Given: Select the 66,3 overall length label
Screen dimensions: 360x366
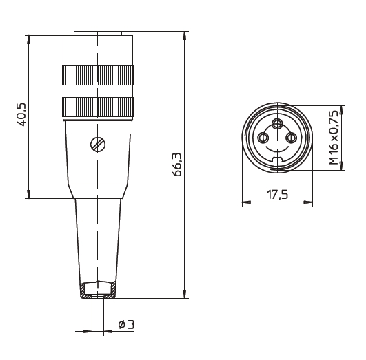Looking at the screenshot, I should pyautogui.click(x=176, y=165).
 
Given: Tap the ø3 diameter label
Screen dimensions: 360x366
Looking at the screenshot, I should pyautogui.click(x=125, y=324).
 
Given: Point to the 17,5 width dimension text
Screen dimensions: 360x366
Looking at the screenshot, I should pyautogui.click(x=276, y=195).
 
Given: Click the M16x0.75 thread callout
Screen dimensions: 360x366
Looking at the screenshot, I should pyautogui.click(x=333, y=138).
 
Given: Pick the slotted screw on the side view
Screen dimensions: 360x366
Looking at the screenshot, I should pyautogui.click(x=98, y=145).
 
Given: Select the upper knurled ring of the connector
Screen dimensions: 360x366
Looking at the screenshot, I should pyautogui.click(x=98, y=75).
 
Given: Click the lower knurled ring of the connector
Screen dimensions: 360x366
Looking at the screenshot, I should pyautogui.click(x=98, y=105).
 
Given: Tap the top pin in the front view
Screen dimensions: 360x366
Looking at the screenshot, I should pyautogui.click(x=277, y=124).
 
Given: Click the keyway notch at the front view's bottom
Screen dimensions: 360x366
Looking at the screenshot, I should pyautogui.click(x=277, y=162).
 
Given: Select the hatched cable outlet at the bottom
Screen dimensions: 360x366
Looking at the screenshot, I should pyautogui.click(x=98, y=292).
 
